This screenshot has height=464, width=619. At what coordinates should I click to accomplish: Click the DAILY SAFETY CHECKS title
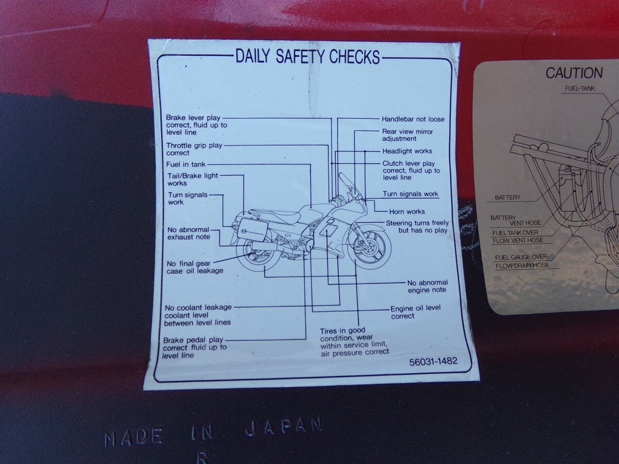tap(307, 56)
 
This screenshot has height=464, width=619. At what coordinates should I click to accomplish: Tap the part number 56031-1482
tap(433, 361)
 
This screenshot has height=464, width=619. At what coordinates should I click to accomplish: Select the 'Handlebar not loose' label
tap(413, 119)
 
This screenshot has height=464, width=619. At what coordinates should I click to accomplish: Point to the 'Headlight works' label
tap(407, 151)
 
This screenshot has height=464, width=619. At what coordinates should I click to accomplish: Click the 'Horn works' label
tap(407, 211)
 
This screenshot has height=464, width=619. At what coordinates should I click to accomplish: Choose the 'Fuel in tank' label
tap(186, 164)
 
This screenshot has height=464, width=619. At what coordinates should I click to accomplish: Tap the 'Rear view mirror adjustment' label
tap(407, 135)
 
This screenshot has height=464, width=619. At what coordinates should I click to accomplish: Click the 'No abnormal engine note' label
tap(428, 286)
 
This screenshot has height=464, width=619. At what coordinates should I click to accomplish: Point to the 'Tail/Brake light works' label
tap(193, 179)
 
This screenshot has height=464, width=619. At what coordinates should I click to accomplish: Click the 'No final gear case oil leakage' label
tap(195, 268)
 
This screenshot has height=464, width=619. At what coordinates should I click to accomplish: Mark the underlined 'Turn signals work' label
tap(410, 194)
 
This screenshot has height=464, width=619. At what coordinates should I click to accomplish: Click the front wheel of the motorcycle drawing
tap(369, 248)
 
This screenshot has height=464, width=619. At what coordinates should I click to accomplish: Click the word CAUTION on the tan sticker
tap(574, 73)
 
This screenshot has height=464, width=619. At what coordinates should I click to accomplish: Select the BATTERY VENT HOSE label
tap(516, 220)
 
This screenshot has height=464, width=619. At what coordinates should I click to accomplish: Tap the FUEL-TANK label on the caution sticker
tap(580, 89)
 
